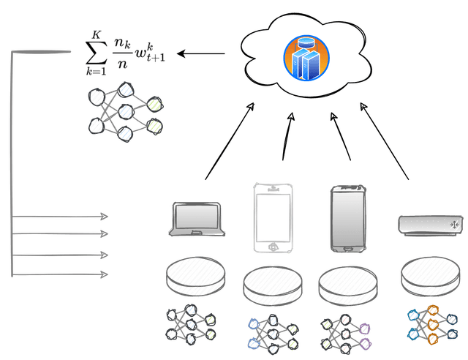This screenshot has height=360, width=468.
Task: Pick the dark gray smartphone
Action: pos(347,217)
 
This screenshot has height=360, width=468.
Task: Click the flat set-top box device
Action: pos(429,222)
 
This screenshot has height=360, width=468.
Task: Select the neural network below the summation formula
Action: pos(124,113)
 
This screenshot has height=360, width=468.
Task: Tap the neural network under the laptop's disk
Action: pos(192,322)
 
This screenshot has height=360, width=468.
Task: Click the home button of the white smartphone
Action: pos(271,246)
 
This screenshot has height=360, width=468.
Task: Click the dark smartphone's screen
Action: pos(347,216)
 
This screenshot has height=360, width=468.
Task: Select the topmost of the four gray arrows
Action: pos(62,216)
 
